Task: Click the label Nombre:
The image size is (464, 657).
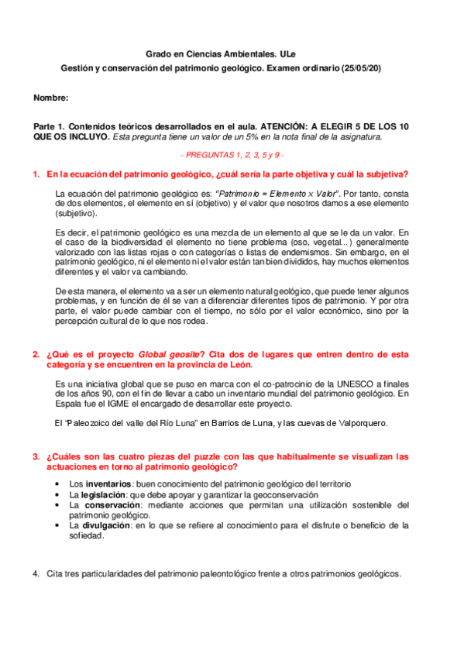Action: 51,98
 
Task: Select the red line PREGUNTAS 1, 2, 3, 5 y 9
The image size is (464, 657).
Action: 232,155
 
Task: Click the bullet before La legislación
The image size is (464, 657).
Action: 60,494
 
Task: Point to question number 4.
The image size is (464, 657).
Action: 36,574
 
